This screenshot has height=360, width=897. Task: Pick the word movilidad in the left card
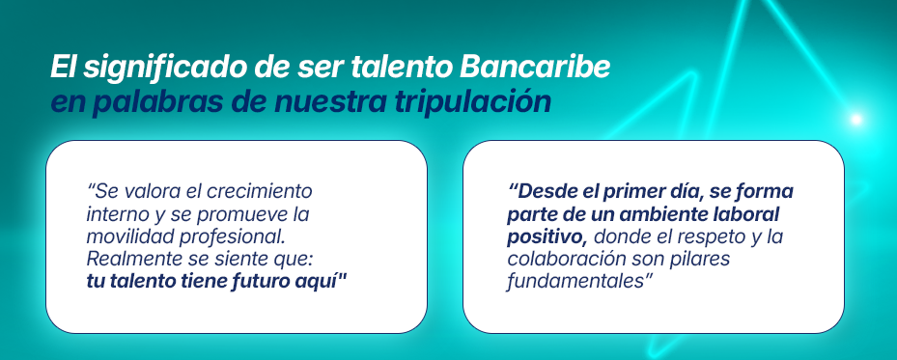click(125, 235)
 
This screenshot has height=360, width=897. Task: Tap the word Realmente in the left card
click(129, 258)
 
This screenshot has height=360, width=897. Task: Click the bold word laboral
click(743, 213)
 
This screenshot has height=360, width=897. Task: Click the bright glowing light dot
click(855, 120)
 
